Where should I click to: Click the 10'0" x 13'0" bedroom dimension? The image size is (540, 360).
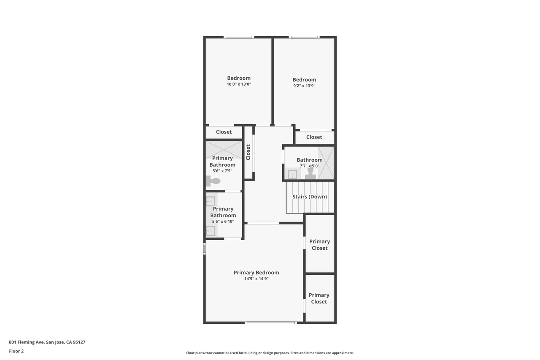click(239, 84)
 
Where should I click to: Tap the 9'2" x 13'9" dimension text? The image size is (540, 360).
click(304, 86)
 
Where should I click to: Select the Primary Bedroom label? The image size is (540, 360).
click(256, 273)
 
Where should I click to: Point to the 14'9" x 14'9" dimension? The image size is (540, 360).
click(256, 279)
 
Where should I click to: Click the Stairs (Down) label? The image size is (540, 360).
click(310, 197)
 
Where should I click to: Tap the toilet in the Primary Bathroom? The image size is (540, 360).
click(213, 181)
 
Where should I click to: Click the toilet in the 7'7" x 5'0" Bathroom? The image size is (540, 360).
click(310, 173)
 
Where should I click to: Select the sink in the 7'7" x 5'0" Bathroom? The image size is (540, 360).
click(293, 174)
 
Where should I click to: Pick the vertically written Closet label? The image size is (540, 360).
click(248, 152)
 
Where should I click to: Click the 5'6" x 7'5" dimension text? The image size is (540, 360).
click(222, 171)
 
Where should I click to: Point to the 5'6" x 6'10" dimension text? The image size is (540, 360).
click(223, 222)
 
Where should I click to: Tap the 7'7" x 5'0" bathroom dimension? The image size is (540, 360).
click(310, 166)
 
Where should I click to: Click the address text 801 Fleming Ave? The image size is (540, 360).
click(27, 342)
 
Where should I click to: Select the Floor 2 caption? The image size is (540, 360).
click(16, 351)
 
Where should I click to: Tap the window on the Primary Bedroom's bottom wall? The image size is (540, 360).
click(271, 322)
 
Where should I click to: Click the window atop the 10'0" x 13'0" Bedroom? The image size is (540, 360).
click(239, 37)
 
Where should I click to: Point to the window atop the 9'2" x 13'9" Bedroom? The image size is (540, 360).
click(304, 37)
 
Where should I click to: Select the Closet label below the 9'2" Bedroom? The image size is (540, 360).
click(314, 137)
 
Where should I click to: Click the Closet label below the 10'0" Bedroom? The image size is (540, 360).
click(224, 132)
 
